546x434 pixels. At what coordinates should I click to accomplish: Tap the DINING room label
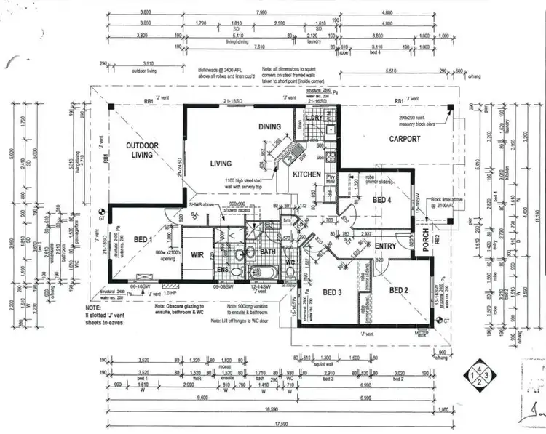coord(269,127)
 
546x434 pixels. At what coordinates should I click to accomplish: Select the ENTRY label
coord(384,247)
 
